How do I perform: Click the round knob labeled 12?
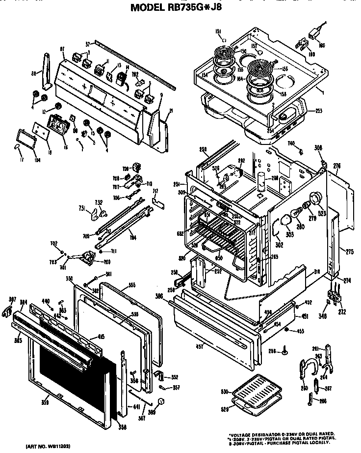tap(58, 106)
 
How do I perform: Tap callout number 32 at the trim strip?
tap(87, 44)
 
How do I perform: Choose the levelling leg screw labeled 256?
tap(284, 351)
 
